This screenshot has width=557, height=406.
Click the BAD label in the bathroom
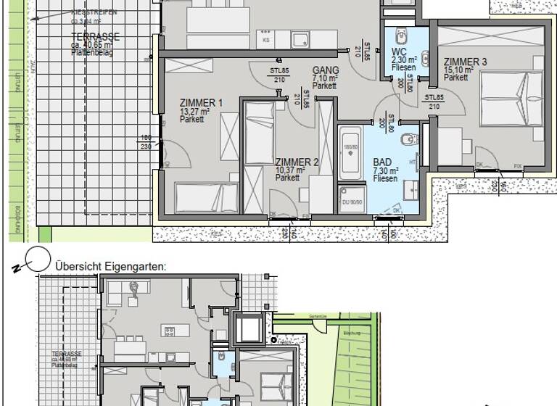pyautogui.click(x=381, y=163)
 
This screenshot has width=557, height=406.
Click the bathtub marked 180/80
pyautogui.click(x=350, y=152)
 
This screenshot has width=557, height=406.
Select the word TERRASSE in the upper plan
pyautogui.click(x=95, y=37)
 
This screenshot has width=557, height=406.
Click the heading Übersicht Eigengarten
pyautogui.click(x=110, y=266)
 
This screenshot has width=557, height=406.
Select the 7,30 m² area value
pyautogui.click(x=384, y=171)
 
